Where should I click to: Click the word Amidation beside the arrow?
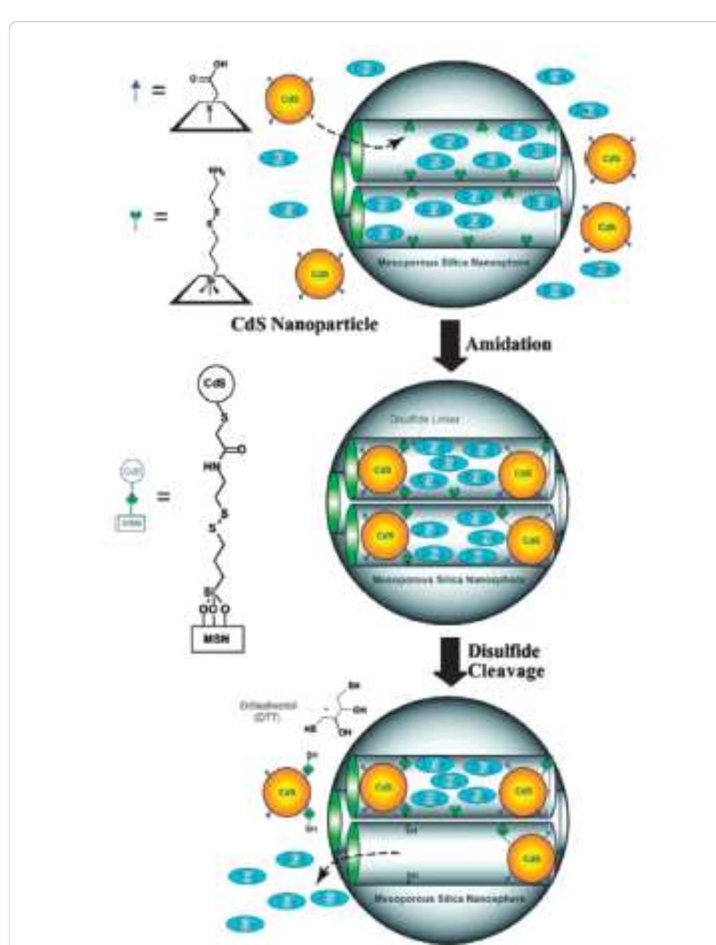tap(508, 343)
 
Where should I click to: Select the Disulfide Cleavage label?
tap(505, 661)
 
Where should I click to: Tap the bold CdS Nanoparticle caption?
tap(305, 324)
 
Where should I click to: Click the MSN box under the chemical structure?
tap(218, 640)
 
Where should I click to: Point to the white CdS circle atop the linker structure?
tap(216, 383)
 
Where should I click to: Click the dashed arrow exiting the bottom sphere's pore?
tap(356, 862)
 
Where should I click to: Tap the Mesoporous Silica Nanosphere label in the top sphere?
tap(453, 263)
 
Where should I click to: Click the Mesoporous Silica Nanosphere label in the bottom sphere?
tap(449, 899)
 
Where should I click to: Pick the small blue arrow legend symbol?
tap(136, 90)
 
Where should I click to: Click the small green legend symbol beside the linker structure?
tap(135, 217)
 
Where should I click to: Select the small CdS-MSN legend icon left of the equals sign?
tap(131, 497)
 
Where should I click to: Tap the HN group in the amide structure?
tap(209, 467)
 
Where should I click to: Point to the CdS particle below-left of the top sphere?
tap(319, 274)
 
